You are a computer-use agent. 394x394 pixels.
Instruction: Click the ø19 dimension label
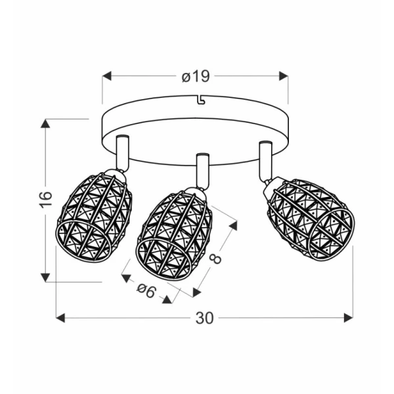click(x=196, y=76)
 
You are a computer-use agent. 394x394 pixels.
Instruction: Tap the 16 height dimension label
click(x=46, y=200)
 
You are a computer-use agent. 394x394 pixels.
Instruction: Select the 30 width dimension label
click(x=204, y=318)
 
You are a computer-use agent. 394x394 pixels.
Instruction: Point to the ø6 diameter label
click(x=146, y=290)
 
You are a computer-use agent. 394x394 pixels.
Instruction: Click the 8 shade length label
click(x=215, y=259)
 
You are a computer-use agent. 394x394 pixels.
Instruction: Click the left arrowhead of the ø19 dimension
click(x=107, y=76)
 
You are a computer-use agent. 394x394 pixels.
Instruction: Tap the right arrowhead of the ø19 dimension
click(x=284, y=76)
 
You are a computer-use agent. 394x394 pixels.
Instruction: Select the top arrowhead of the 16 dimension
click(x=45, y=123)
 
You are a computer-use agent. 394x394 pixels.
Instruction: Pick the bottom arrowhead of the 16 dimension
click(x=45, y=278)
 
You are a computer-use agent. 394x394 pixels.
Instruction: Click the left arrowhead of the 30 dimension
click(x=60, y=318)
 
